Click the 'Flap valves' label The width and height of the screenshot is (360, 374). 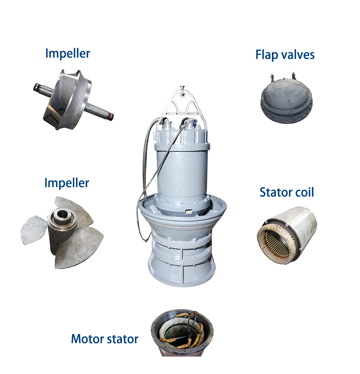pos(285,54)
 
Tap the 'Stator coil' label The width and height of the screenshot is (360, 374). pos(286,192)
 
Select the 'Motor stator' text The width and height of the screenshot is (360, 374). pos(105,339)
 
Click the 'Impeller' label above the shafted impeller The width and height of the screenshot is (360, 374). pos(67,53)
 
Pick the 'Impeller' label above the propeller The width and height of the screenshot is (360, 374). pos(67,183)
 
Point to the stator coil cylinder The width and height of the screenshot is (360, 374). pos(287,235)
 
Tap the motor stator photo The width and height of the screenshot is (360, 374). pos(182,333)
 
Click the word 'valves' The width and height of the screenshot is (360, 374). pos(298,54)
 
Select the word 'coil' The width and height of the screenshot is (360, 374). pos(305,192)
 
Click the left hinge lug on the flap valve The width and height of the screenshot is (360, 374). pos(272,78)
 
